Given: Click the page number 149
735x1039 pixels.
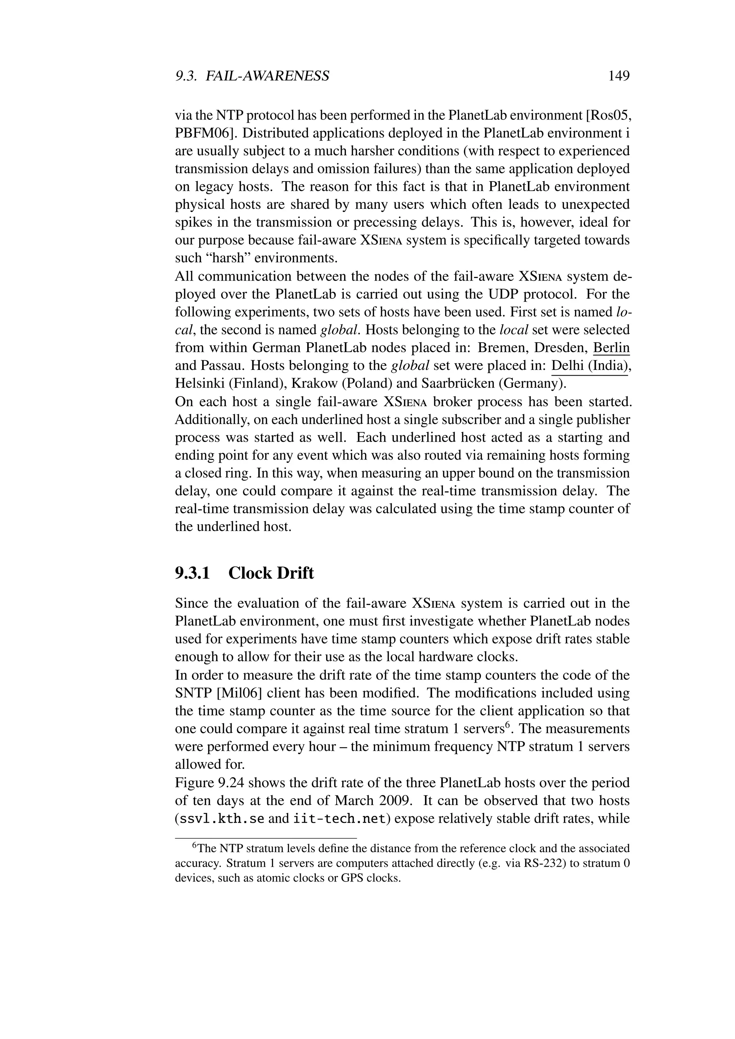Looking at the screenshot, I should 619,76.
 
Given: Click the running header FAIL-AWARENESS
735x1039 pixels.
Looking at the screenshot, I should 267,76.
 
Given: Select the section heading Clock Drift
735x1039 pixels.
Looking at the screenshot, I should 271,573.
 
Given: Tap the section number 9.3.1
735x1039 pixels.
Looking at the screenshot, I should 193,573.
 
